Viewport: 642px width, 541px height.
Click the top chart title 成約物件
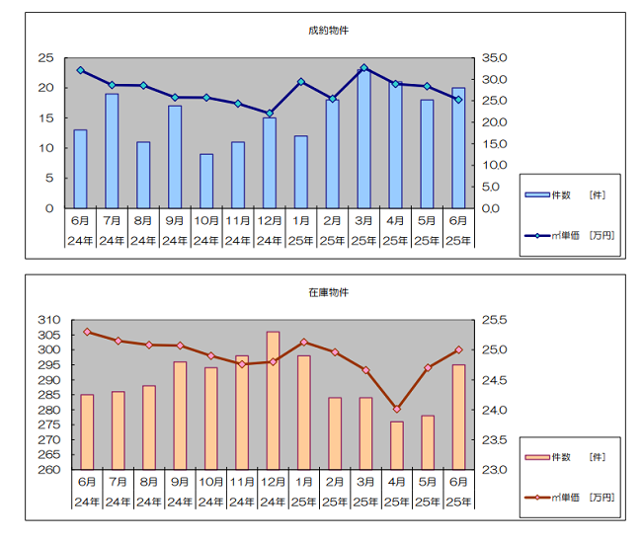[328, 31]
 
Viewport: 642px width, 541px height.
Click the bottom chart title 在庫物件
[328, 293]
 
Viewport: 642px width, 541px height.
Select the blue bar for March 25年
[364, 139]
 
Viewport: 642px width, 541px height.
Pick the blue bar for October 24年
[206, 182]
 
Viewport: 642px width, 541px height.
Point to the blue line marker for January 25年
[301, 82]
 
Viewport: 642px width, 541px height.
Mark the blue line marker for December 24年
[270, 114]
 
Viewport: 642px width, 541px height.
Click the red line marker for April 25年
[397, 409]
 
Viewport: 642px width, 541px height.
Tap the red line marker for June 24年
[87, 332]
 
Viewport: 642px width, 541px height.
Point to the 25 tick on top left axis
[45, 58]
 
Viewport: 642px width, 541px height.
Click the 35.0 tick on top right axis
[496, 58]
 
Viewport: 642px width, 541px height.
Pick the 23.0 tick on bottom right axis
[495, 470]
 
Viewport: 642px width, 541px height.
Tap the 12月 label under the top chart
[270, 220]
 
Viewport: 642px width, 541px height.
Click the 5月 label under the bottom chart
[429, 482]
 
